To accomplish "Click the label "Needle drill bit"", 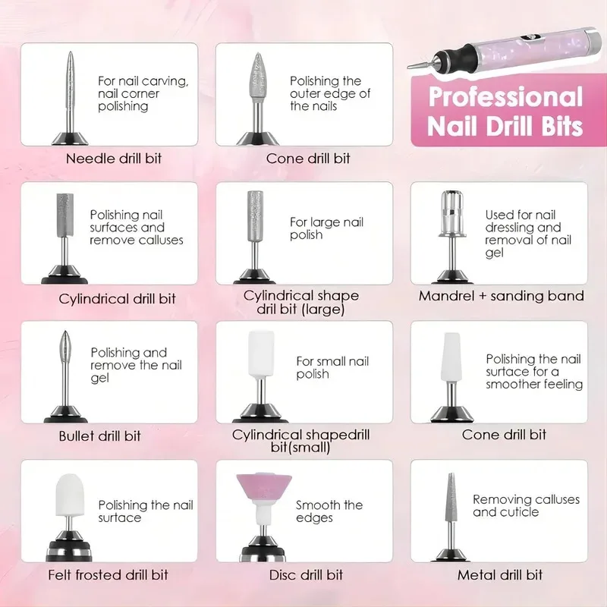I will [113, 159].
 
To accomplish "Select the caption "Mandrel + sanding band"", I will [501, 296].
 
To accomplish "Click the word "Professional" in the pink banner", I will [505, 98].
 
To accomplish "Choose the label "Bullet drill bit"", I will [99, 436].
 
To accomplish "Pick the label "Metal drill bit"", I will [500, 575].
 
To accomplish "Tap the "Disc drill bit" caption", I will [306, 575].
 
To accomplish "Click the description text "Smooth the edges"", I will [329, 511].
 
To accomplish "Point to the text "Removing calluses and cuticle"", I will [526, 505].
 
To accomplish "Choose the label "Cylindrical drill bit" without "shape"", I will [117, 298].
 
